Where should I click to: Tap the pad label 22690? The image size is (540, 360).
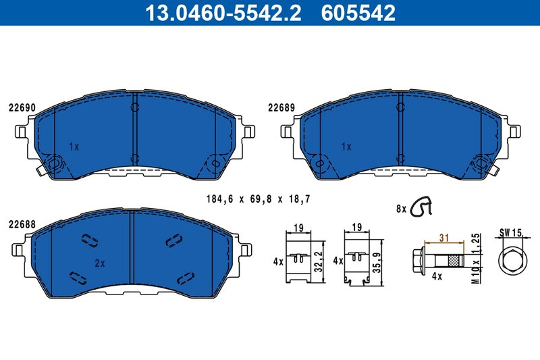pyautogui.click(x=22, y=107)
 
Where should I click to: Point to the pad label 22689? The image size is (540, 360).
pyautogui.click(x=281, y=107)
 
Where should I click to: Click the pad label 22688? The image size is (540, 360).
pyautogui.click(x=22, y=224)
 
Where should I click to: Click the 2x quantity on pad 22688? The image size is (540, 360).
pyautogui.click(x=99, y=263)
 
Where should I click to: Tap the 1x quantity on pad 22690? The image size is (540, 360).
pyautogui.click(x=74, y=146)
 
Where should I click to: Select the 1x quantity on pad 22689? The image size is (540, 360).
pyautogui.click(x=346, y=146)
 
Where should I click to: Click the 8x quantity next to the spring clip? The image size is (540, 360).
pyautogui.click(x=400, y=209)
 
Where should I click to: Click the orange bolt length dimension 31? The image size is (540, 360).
pyautogui.click(x=443, y=237)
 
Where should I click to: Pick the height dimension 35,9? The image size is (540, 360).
pyautogui.click(x=379, y=260)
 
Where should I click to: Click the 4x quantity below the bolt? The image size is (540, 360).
pyautogui.click(x=437, y=276)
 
